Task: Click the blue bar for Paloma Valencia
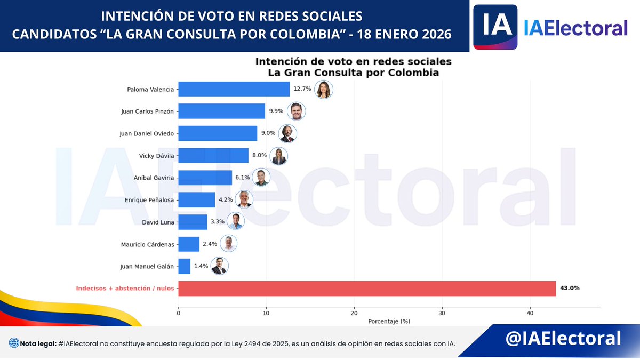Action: point(234,89)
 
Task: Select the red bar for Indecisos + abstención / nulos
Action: point(367,288)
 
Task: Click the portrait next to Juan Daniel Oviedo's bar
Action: point(287,134)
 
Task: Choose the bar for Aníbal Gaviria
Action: point(205,178)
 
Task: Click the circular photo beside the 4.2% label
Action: point(244,199)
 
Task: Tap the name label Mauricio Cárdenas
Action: point(148,244)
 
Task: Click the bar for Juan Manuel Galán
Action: point(184,266)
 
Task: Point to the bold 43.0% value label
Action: point(570,288)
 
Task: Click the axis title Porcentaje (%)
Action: point(389,321)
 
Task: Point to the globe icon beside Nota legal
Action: point(14,343)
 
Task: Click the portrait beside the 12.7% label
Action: point(323,90)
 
